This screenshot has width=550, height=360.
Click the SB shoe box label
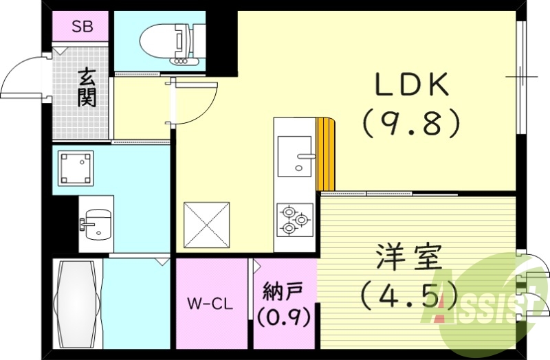82,27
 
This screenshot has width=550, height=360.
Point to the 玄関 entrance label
87,88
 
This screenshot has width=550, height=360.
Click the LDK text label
412,85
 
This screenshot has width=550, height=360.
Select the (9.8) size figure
411,123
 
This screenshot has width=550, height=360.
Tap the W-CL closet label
210,304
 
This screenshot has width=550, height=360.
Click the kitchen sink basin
295,157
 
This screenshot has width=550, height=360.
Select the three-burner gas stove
295,220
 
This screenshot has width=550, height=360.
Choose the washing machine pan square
76,168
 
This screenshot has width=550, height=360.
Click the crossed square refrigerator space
207,225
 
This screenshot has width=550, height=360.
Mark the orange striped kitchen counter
326,154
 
